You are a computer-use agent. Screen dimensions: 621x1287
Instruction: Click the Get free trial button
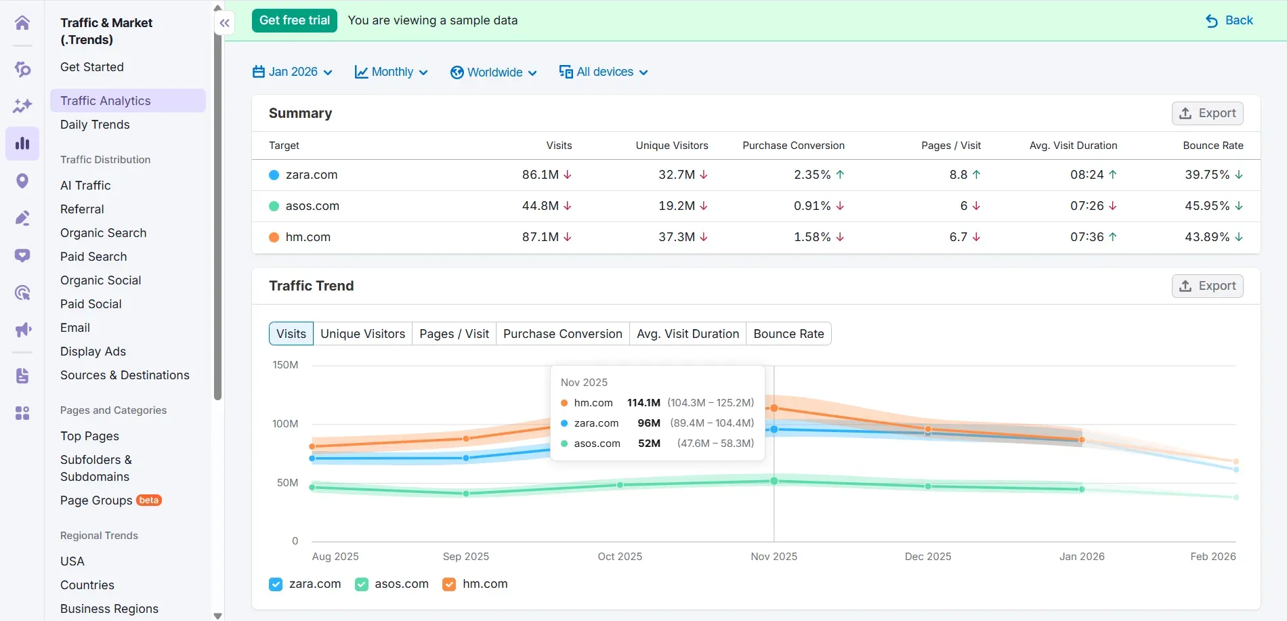[x=294, y=20]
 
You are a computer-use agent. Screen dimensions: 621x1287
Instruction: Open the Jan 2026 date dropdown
[x=293, y=72]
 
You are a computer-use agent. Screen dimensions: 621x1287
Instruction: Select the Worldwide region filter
[x=494, y=72]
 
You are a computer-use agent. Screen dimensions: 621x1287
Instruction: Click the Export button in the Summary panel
[x=1207, y=113]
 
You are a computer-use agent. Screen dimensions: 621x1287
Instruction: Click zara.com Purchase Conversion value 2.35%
[x=811, y=175]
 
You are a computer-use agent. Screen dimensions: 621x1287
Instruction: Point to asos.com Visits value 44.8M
[x=540, y=206]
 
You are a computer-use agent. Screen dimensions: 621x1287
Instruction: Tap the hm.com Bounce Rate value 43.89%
[x=1206, y=237]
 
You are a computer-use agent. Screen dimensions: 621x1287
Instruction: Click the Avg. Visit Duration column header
[x=1073, y=146]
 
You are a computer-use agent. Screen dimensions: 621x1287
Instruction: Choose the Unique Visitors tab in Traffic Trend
[x=362, y=334]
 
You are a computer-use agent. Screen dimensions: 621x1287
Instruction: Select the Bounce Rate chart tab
[x=788, y=334]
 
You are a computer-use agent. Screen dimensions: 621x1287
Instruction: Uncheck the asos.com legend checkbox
[x=362, y=584]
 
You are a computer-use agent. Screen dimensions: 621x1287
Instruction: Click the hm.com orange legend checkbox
[x=449, y=584]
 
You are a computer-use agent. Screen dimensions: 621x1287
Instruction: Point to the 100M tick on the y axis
[x=285, y=424]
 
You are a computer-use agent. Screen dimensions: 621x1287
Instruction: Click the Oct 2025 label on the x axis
[x=619, y=557]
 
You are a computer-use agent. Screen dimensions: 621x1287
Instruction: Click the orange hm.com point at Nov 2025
[x=774, y=408]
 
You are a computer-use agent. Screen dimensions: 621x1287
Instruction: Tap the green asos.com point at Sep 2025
[x=466, y=494]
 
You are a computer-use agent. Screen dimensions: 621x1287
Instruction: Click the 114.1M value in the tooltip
[x=643, y=403]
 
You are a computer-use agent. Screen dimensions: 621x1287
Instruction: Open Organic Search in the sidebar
[x=103, y=233]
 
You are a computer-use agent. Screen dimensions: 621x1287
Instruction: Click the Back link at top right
[x=1230, y=20]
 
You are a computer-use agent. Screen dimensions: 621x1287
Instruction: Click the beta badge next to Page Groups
[x=148, y=500]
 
